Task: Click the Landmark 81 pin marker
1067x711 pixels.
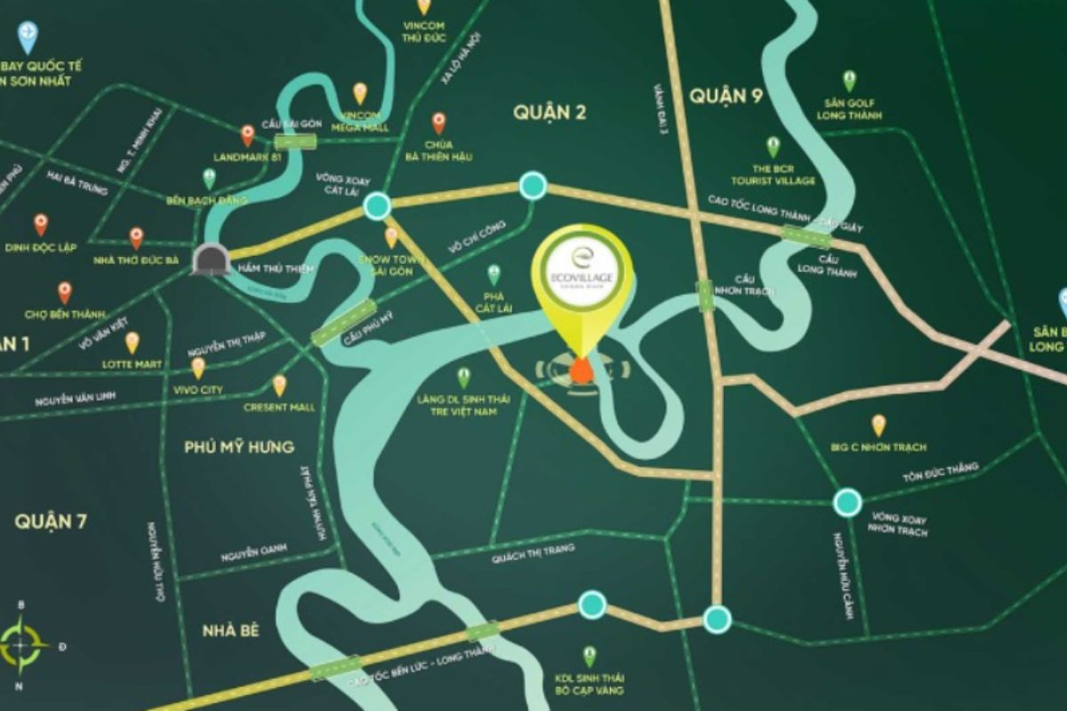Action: pyautogui.click(x=247, y=135)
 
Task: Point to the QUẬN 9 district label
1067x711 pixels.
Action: pyautogui.click(x=726, y=95)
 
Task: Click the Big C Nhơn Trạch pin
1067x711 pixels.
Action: pyautogui.click(x=878, y=425)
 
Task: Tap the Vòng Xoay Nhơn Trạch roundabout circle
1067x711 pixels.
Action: pyautogui.click(x=847, y=502)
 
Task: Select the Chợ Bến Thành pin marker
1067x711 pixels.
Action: pyautogui.click(x=64, y=292)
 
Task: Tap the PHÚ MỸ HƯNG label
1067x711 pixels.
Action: pyautogui.click(x=238, y=446)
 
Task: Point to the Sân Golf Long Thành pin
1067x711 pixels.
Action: pyautogui.click(x=850, y=80)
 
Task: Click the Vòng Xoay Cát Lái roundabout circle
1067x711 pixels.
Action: pyautogui.click(x=377, y=205)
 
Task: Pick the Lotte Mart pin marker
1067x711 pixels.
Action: pyautogui.click(x=132, y=342)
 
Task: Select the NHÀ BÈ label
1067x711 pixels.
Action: pyautogui.click(x=229, y=630)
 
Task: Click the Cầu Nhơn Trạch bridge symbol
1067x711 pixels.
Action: pyautogui.click(x=704, y=294)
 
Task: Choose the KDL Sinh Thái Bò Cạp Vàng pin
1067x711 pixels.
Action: pyautogui.click(x=589, y=656)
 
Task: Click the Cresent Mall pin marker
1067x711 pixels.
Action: pyautogui.click(x=279, y=385)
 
